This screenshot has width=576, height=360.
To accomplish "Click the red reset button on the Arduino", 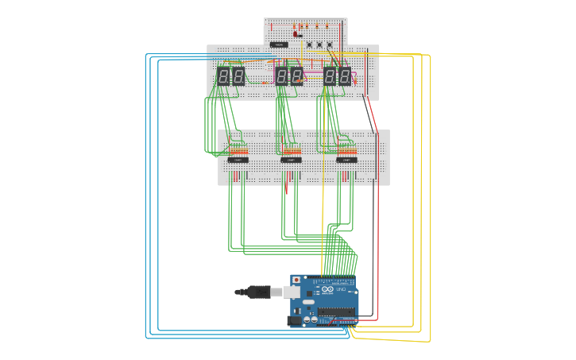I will (x=296, y=281).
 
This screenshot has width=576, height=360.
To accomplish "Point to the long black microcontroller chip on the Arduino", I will (x=332, y=312).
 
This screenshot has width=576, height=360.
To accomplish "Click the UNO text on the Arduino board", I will (x=342, y=289).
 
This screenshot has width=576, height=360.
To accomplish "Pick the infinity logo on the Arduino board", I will (x=329, y=290).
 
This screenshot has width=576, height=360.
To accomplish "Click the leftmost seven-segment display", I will (x=223, y=76).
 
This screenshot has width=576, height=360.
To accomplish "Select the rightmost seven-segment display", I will (x=344, y=76).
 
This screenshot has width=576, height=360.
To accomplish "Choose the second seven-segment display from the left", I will (x=238, y=76).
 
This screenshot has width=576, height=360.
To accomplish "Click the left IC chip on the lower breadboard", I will (x=238, y=160).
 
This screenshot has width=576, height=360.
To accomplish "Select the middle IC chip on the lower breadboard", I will (x=291, y=160).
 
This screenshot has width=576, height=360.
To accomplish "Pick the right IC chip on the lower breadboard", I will (x=346, y=160).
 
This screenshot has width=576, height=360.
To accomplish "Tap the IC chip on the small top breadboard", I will (x=279, y=45).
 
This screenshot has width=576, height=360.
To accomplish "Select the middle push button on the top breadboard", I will (x=319, y=45).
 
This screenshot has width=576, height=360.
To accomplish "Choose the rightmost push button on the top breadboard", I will (x=330, y=45).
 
